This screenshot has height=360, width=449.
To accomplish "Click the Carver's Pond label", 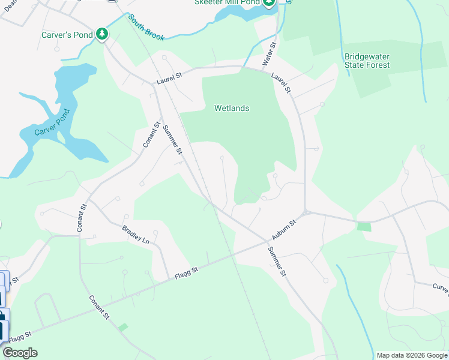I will (x=67, y=35).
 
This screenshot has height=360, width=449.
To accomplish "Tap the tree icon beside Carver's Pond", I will (x=103, y=34).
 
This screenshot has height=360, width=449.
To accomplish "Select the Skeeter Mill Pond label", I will (x=227, y=2).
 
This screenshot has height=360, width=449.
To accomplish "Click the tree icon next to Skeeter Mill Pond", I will (x=269, y=2).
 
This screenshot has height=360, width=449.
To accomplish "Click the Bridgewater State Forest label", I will (x=367, y=61).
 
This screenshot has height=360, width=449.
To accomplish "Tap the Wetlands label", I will (x=232, y=109).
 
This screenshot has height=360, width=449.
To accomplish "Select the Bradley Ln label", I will (x=136, y=233).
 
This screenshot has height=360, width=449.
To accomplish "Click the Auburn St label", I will (x=285, y=231).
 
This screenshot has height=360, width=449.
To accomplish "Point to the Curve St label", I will (x=441, y=289).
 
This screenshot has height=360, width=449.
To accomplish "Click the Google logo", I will (x=20, y=353).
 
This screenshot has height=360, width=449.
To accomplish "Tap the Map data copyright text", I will (x=412, y=355).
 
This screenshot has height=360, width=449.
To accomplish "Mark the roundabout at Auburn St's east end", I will (x=306, y=212).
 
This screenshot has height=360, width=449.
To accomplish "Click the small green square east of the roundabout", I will (x=364, y=226).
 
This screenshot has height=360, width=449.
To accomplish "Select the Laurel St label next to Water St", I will (x=280, y=83).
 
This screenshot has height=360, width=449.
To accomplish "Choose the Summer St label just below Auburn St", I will (x=277, y=261).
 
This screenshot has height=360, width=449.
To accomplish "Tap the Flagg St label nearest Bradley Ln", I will (x=186, y=274).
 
